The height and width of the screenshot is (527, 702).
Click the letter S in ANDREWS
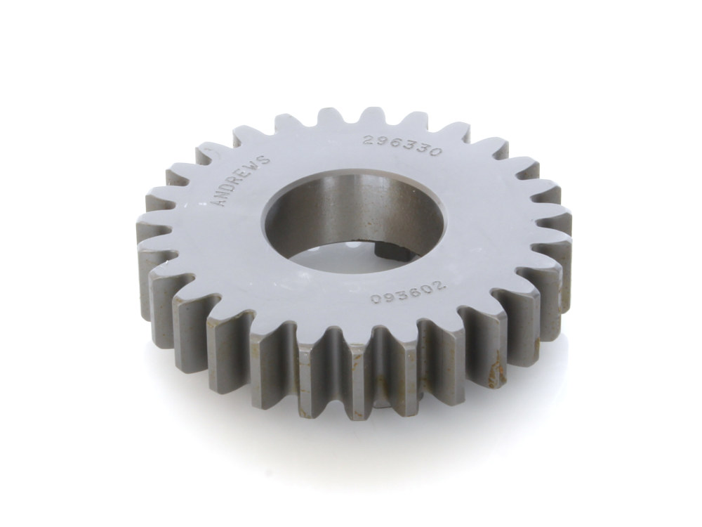tap(265, 159)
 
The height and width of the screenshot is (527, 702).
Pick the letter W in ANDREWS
tap(256, 166)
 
